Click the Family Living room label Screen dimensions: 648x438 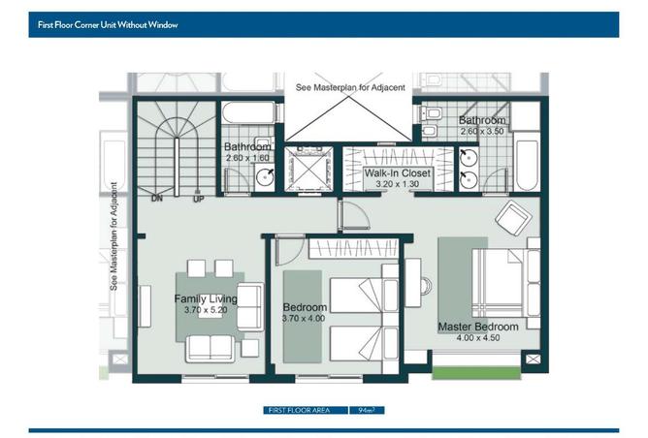pos(206,298)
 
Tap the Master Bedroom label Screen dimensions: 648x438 pos(478,327)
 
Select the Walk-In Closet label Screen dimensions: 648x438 pos(397,172)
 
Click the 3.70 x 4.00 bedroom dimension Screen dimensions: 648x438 pos(304,318)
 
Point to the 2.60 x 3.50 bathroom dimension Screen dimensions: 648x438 pos(482,131)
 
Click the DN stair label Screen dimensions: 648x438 pos(157,199)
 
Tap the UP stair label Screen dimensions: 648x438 pos(198,200)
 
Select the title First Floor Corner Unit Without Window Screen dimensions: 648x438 pos(108,25)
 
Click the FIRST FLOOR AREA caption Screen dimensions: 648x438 pos(299,410)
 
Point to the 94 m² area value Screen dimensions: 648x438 pos(367,410)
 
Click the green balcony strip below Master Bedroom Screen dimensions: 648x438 pos(476,373)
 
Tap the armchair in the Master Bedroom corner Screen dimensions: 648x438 pos(513,218)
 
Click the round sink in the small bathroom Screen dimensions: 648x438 pos(265,177)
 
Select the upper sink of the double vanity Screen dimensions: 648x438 pos(470,157)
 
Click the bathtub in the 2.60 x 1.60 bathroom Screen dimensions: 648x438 pos(248,112)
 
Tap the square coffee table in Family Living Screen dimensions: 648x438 pos(249,348)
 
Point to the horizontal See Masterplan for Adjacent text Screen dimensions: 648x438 pos(350,87)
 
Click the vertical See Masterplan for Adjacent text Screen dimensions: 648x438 pos(113,236)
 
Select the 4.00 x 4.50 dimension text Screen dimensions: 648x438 pos(478,337)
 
